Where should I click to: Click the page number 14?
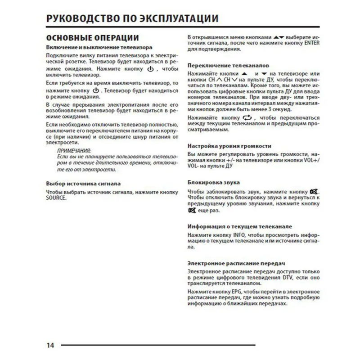pyautogui.click(x=50, y=345)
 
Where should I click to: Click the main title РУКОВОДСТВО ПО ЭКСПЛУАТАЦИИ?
pyautogui.click(x=132, y=18)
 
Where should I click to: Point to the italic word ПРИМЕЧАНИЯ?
pyautogui.click(x=74, y=150)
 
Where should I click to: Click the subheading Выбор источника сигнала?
pyautogui.click(x=83, y=184)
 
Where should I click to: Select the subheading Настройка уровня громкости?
pyautogui.click(x=229, y=146)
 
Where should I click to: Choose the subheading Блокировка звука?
pyautogui.click(x=213, y=182)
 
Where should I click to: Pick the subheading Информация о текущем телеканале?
pyautogui.click(x=239, y=226)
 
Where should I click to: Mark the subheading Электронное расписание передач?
pyautogui.click(x=237, y=263)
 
